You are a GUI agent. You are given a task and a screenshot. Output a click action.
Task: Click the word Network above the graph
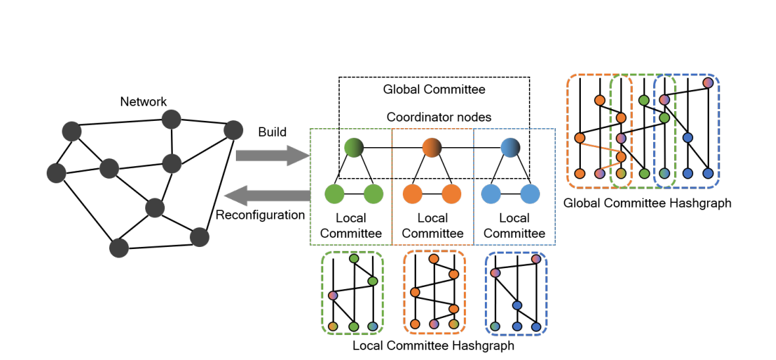(143, 102)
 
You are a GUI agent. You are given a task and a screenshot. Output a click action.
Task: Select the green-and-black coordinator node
(354, 147)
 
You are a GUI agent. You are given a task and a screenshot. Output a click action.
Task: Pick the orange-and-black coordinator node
(432, 147)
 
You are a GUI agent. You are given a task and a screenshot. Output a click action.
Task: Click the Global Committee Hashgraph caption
(647, 203)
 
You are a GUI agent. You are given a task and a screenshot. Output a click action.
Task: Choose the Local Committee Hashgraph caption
(433, 346)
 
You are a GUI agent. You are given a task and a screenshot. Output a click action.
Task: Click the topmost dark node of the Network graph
(171, 119)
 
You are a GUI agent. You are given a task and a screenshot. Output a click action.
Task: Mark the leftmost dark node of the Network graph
(57, 173)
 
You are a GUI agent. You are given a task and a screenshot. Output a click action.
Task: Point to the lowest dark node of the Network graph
(119, 248)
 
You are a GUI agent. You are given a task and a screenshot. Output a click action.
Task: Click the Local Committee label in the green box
(351, 225)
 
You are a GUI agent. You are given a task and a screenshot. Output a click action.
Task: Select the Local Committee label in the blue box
(514, 225)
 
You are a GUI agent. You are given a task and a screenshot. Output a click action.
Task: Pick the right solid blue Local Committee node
(530, 194)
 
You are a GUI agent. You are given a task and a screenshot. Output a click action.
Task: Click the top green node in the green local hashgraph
(354, 258)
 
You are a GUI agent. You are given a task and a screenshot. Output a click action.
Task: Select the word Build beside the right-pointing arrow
(272, 132)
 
